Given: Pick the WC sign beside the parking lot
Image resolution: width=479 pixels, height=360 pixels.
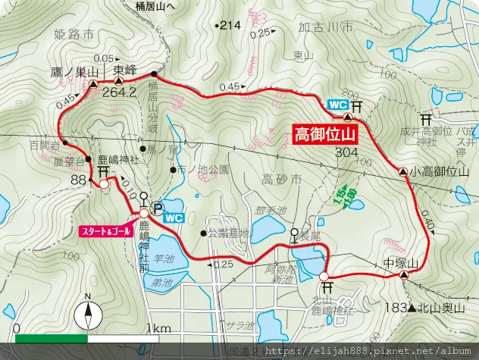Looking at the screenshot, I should [x=174, y=218].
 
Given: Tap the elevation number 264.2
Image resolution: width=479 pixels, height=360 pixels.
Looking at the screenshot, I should [x=122, y=92].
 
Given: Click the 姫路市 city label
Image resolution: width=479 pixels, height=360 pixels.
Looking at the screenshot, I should [x=75, y=35].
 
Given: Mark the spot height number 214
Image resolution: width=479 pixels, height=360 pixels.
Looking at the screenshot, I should [x=230, y=25].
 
